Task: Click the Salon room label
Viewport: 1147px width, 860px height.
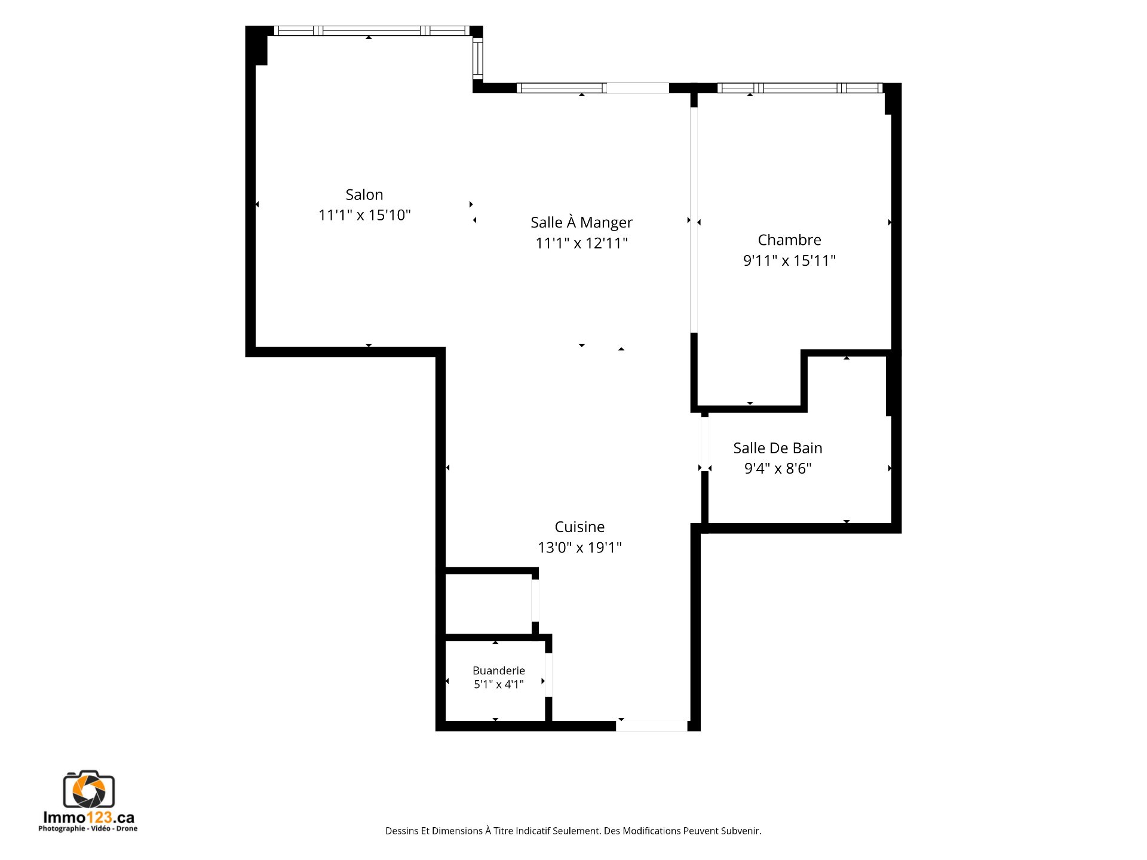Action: (x=364, y=195)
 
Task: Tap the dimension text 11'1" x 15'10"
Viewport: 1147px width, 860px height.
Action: (x=364, y=215)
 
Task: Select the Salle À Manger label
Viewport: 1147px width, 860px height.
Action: (x=581, y=222)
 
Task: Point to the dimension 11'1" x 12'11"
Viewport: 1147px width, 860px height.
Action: (x=581, y=243)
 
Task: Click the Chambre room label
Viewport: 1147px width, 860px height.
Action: (x=789, y=240)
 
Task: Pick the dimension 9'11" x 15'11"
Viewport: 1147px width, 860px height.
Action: (x=789, y=260)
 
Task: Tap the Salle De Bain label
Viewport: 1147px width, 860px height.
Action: (x=778, y=448)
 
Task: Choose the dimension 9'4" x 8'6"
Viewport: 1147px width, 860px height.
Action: (x=778, y=468)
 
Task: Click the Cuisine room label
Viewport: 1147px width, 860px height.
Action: (x=579, y=527)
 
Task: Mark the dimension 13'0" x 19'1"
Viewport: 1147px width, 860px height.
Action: (x=579, y=547)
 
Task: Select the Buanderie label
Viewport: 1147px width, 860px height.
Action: (x=499, y=671)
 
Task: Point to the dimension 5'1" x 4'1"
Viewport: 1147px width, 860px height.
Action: (x=499, y=684)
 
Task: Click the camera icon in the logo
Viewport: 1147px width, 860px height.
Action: (x=89, y=790)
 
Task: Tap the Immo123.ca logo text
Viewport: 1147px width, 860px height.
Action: (x=88, y=818)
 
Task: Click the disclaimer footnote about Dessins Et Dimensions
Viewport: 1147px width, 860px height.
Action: (x=573, y=831)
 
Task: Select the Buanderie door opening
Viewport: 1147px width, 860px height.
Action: (x=548, y=675)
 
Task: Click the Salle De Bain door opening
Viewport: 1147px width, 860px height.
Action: (x=705, y=444)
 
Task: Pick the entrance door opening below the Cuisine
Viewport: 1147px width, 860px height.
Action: (x=652, y=726)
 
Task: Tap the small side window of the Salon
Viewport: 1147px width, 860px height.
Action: (x=478, y=59)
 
